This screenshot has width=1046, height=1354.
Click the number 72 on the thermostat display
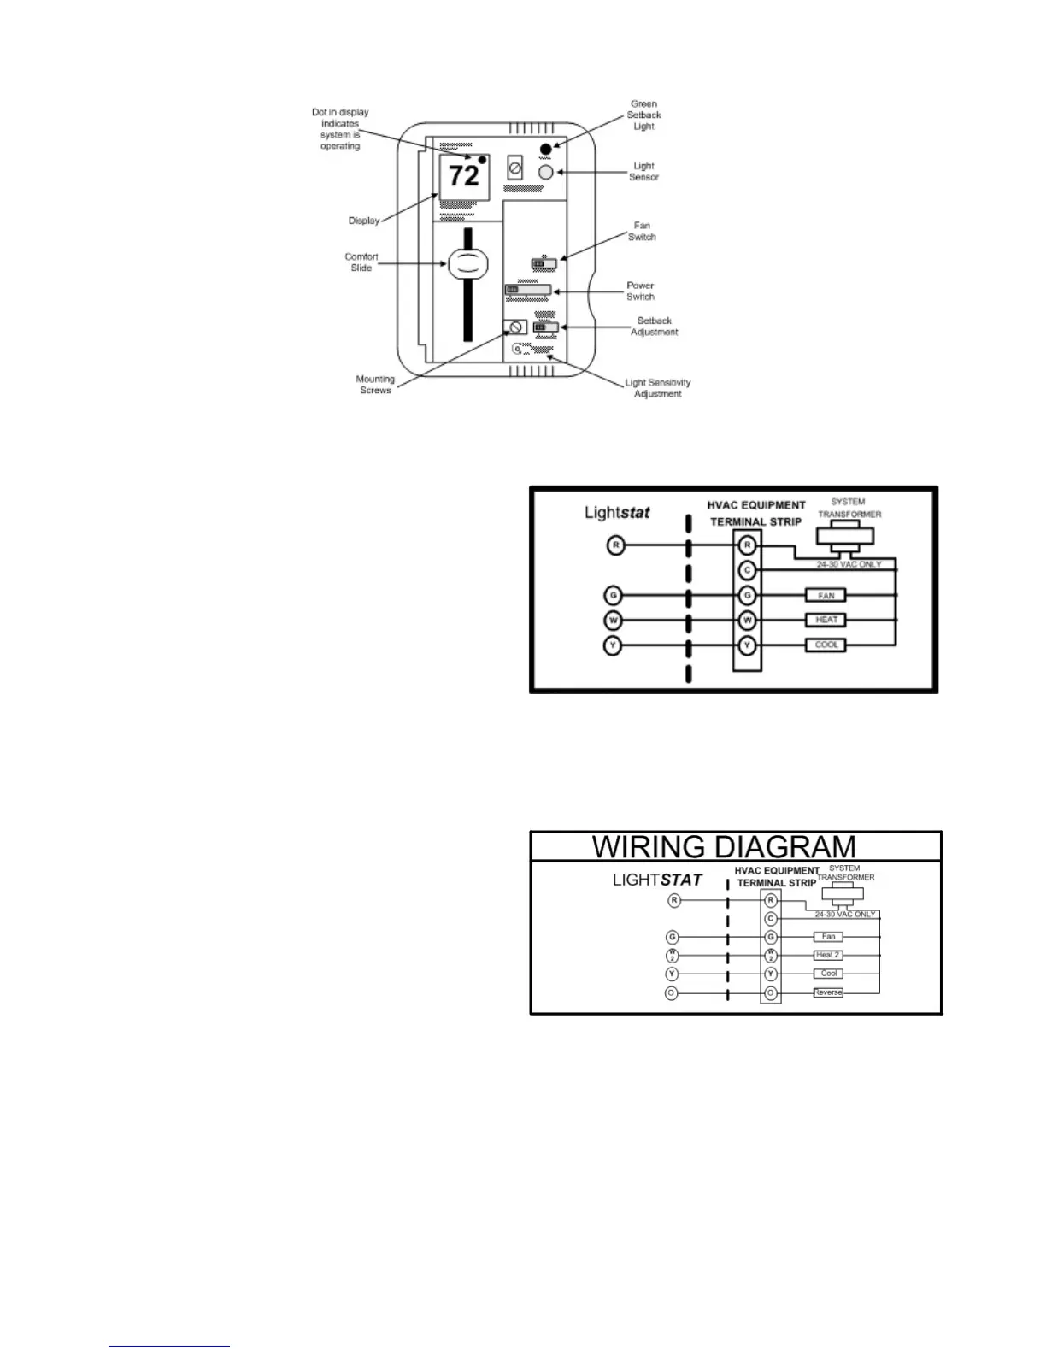(464, 176)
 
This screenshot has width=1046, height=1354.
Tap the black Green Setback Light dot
(546, 150)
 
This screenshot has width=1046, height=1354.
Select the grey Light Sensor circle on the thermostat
(546, 173)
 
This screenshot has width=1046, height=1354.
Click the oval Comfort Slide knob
(467, 263)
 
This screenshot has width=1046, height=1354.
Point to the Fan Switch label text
(642, 232)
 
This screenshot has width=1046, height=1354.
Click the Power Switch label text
(640, 291)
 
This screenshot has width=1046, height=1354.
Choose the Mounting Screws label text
(375, 385)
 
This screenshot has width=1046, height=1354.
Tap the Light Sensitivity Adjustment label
(657, 388)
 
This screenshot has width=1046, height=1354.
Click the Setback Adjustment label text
(654, 327)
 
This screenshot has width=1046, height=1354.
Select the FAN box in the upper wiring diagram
(826, 596)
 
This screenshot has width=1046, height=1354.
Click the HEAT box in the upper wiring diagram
(826, 620)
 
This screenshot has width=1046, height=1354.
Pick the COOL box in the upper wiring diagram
(826, 645)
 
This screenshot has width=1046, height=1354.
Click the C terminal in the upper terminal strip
(748, 570)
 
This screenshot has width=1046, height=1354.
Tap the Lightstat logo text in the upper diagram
(617, 513)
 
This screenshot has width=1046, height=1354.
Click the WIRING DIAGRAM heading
(724, 847)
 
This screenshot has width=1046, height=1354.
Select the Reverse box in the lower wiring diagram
(827, 992)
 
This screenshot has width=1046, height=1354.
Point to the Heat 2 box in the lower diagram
(827, 955)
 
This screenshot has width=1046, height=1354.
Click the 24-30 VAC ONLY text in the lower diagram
(844, 915)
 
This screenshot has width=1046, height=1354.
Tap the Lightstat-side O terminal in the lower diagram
(672, 993)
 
